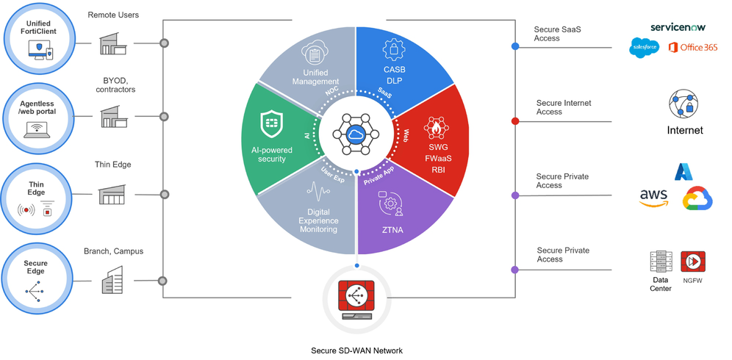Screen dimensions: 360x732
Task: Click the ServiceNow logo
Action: (677, 27)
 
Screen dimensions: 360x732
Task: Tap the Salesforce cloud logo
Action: (645, 48)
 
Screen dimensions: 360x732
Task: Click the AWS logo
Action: (653, 197)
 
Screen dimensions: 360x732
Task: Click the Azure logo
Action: (684, 171)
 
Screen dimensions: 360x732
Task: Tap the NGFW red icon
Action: (692, 262)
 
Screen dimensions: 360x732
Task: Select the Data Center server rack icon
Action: (661, 262)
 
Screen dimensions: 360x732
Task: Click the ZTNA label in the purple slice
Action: (393, 230)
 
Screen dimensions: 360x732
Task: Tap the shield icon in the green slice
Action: (272, 125)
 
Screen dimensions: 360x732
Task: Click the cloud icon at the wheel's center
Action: (356, 134)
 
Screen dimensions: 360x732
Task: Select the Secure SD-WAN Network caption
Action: (356, 350)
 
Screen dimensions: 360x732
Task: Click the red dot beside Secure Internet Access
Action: (515, 121)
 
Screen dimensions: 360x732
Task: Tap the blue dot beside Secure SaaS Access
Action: (515, 46)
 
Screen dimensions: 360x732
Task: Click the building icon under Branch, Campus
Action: (112, 281)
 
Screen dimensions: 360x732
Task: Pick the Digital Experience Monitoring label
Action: (318, 220)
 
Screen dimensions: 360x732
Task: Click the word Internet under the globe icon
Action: (684, 130)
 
